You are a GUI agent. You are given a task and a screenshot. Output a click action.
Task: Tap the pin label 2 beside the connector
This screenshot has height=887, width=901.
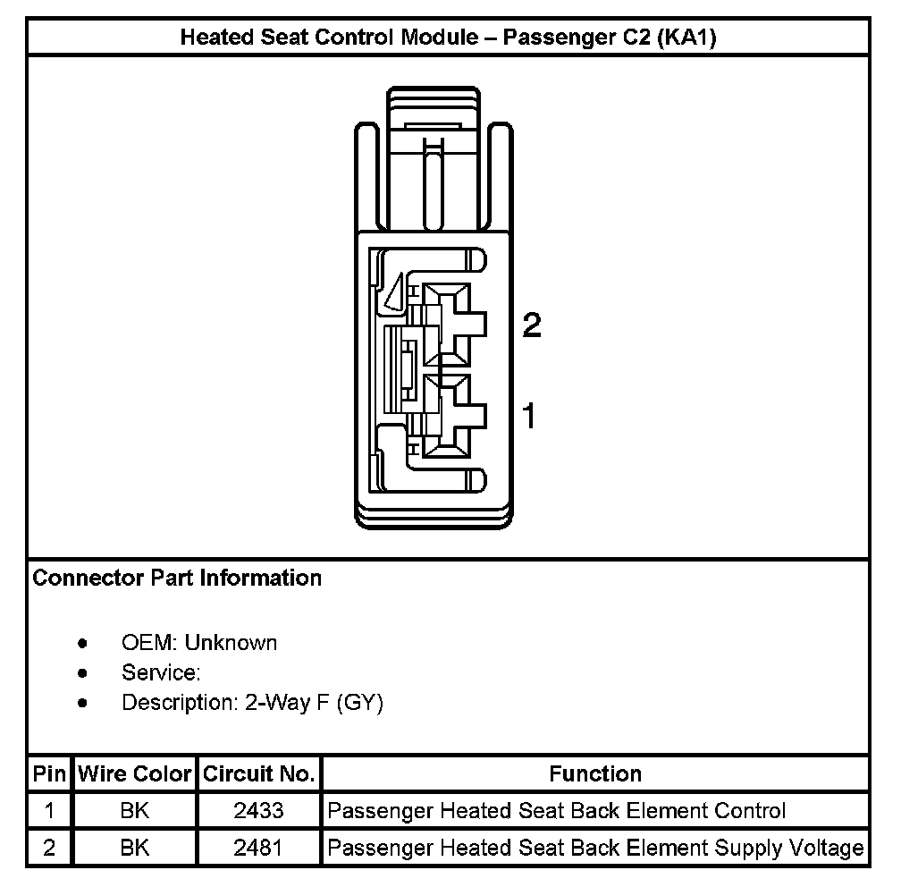[x=531, y=326]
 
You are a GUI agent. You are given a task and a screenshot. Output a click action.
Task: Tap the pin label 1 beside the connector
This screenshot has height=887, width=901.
[x=529, y=416]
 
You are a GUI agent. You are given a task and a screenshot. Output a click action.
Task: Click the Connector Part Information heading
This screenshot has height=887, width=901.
[x=177, y=579]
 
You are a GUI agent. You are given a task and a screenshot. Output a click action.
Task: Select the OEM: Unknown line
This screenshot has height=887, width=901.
[x=199, y=643]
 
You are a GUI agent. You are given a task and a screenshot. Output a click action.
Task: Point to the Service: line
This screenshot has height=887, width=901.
[x=161, y=672]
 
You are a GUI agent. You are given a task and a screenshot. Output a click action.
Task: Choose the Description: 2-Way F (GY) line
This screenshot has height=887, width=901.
[x=252, y=703]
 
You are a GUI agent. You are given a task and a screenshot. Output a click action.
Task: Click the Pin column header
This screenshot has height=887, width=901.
[x=49, y=773]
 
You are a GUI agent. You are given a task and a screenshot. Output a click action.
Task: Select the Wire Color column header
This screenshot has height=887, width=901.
[x=134, y=773]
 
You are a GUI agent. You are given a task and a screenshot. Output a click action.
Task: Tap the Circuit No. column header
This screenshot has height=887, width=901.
[x=258, y=773]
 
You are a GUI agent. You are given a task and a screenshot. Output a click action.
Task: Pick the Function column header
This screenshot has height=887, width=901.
[x=595, y=773]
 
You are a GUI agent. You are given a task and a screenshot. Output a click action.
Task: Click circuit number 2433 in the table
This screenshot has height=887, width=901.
[x=258, y=811]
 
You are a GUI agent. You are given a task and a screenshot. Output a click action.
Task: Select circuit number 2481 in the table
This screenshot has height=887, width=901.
[x=258, y=848]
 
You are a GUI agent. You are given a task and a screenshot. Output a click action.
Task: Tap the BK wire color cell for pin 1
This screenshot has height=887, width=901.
[x=134, y=811]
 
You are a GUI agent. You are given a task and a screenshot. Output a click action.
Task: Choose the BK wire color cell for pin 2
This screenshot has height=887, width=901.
[x=134, y=848]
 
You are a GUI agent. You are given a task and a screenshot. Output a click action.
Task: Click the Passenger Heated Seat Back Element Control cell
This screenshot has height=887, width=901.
[x=557, y=811]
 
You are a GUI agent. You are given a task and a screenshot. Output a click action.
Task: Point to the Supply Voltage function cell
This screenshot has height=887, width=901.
[x=595, y=848]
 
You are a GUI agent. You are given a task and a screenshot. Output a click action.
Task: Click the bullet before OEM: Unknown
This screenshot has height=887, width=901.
[x=83, y=643]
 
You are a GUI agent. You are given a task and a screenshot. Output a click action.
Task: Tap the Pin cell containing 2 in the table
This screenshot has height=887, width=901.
[x=49, y=848]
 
